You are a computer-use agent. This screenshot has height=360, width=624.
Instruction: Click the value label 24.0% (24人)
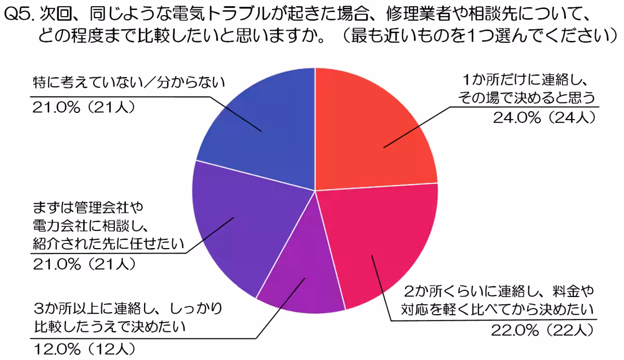(x=543, y=118)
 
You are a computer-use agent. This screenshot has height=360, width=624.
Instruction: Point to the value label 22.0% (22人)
(x=541, y=329)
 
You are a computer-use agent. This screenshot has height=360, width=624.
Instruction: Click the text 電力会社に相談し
(x=91, y=225)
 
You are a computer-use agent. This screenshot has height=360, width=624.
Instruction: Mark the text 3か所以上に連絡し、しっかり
(x=127, y=308)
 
